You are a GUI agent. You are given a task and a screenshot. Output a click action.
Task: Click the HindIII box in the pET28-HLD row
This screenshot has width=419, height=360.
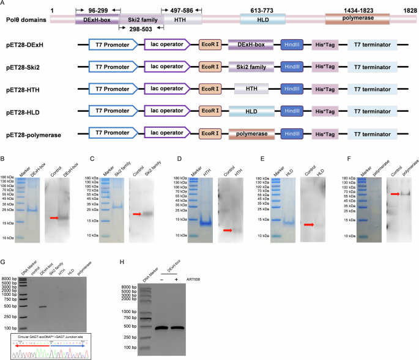point(292,111)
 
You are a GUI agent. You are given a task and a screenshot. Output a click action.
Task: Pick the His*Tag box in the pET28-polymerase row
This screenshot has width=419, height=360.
point(325,133)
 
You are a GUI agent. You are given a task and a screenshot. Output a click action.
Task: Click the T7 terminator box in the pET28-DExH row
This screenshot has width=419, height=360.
point(372,44)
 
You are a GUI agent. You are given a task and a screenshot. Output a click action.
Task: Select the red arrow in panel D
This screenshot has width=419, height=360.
point(228,230)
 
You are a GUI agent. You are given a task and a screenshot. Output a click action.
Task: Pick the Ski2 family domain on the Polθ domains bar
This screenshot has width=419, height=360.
point(138,20)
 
